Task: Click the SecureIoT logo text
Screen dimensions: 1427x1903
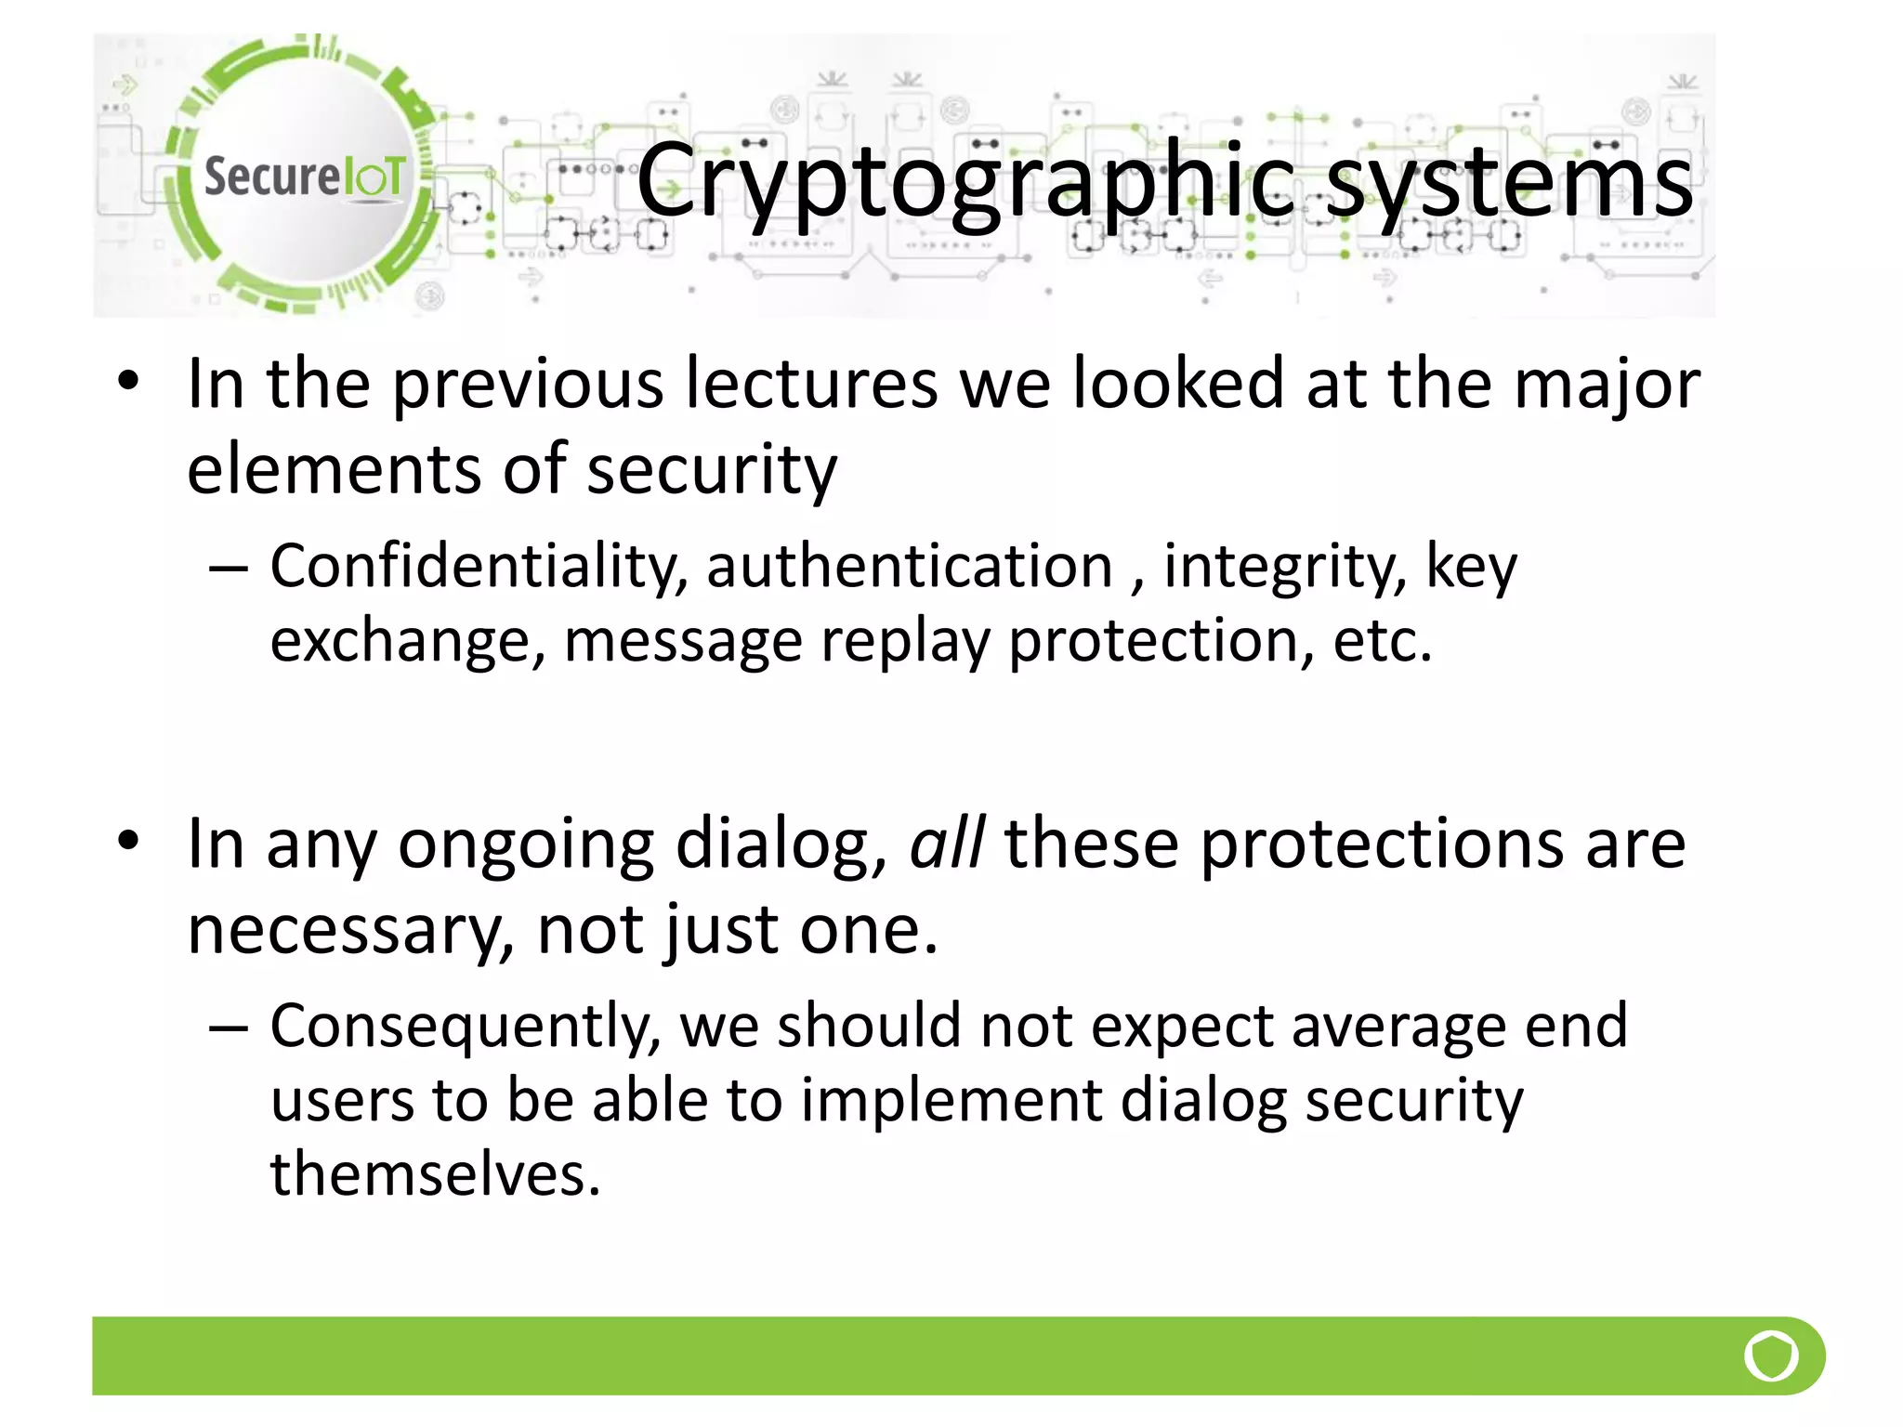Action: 304,176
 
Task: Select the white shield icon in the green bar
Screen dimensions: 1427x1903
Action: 1771,1356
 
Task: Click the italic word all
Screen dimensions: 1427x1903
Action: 946,844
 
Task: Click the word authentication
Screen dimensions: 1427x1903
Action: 909,566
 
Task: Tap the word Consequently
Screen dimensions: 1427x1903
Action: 466,1026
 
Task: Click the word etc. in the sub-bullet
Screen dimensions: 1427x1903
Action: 1382,641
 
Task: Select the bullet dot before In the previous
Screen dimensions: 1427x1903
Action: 128,381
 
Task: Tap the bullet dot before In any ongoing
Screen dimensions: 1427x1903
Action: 128,841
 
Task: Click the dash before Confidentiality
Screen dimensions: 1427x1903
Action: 229,568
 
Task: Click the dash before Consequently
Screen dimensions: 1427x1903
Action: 229,1028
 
